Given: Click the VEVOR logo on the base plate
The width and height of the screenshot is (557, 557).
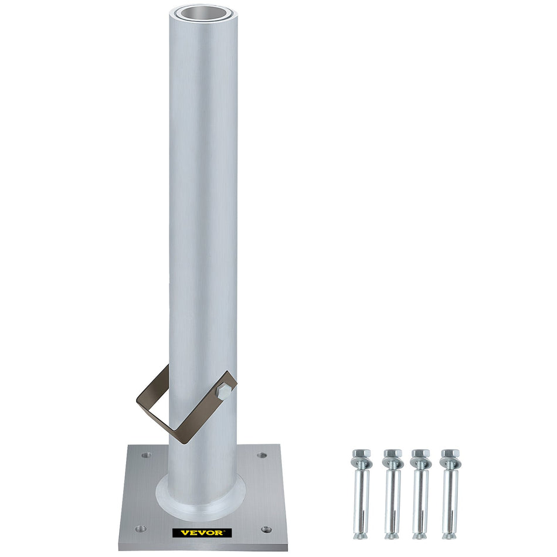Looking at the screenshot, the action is pos(202,532).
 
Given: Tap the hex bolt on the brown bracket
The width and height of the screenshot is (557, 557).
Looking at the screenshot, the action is pos(223,392).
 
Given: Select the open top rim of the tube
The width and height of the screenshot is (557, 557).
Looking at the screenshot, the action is pos(203,13).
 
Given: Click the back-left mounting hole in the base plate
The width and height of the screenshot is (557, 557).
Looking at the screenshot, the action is pos(146,455).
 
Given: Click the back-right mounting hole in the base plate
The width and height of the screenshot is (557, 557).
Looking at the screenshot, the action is pos(262,455).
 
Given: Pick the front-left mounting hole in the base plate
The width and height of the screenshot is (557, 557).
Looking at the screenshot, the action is pos(141,529).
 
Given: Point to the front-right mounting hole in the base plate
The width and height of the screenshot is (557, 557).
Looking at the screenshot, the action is pos(266,529).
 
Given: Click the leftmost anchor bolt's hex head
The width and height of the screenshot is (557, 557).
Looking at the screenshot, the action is pos(361,454).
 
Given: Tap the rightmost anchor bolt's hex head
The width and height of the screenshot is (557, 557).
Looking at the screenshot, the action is pos(450,454).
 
